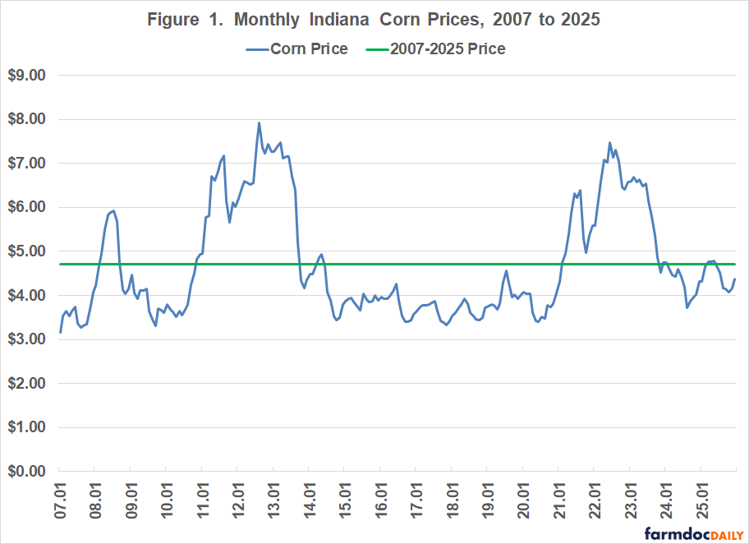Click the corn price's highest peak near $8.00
coord(260,123)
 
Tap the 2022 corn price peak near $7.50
coord(609,142)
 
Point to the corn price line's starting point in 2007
coord(60,332)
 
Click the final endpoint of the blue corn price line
coord(735,279)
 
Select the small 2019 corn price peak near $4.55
coord(506,270)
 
